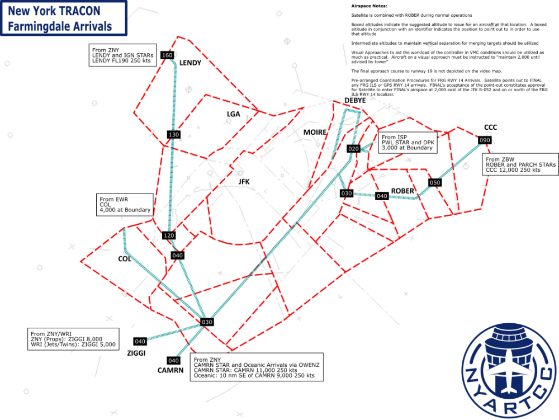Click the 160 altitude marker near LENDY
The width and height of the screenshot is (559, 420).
[167, 55]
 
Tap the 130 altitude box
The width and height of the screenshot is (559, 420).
[173, 135]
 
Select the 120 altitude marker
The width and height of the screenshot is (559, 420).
[168, 235]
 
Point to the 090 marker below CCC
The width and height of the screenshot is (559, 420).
[484, 140]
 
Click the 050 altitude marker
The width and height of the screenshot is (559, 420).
[435, 182]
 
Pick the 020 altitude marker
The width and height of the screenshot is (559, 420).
[353, 149]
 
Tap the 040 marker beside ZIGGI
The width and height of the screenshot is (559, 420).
[140, 341]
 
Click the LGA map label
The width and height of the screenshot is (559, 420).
[233, 114]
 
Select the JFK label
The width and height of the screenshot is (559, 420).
[244, 181]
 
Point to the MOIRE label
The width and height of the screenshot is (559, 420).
[314, 131]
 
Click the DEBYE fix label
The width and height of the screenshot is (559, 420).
[355, 100]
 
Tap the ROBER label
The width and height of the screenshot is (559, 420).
[402, 191]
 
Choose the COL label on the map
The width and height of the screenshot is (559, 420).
[124, 259]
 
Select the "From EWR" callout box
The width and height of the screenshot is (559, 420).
[125, 204]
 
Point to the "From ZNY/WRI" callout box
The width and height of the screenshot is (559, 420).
[73, 339]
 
